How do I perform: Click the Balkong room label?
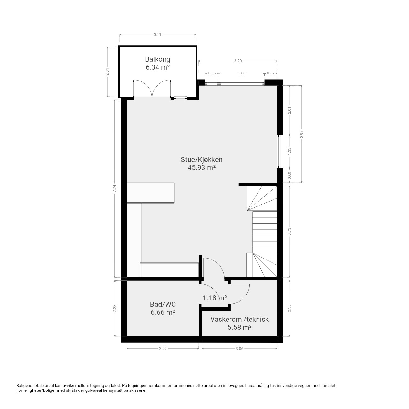pos(158,59)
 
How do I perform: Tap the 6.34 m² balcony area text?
pos(158,67)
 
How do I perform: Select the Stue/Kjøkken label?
pos(201,160)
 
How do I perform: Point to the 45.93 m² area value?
pos(201,168)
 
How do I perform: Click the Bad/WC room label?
pos(163,305)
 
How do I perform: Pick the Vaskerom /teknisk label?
pos(239,319)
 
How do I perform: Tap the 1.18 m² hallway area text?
pos(215,298)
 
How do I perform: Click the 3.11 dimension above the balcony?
pos(158,35)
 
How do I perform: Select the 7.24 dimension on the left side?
pos(115,189)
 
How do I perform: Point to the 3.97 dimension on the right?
pos(302,134)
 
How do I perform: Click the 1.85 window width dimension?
pos(242,73)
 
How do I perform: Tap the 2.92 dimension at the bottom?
pos(163,349)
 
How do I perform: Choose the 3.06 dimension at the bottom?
pos(239,349)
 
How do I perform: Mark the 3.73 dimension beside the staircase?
pos(289,232)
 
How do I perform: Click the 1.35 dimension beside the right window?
pos(289,151)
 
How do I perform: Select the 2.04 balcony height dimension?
pos(107,72)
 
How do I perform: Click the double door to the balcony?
pos(152,89)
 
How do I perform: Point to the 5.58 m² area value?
pos(239,327)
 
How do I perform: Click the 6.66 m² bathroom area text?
pos(163,313)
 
